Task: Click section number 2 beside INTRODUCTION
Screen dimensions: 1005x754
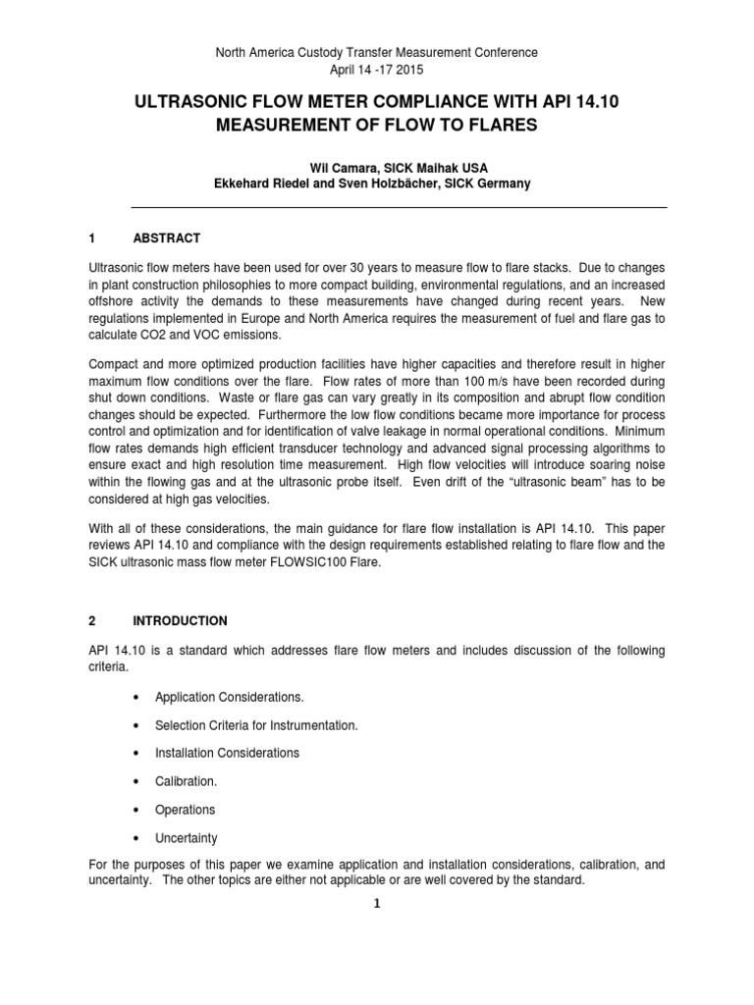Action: coord(120,621)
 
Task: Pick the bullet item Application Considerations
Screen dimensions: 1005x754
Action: coord(229,697)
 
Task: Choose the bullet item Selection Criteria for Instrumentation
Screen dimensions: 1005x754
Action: coord(256,725)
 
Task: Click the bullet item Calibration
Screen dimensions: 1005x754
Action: coord(186,781)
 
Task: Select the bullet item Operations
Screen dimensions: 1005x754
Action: coord(185,810)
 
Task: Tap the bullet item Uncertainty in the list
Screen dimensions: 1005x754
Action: coord(187,838)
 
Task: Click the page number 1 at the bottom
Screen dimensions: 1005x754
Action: coord(376,904)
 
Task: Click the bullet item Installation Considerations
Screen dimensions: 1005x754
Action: coord(227,753)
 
